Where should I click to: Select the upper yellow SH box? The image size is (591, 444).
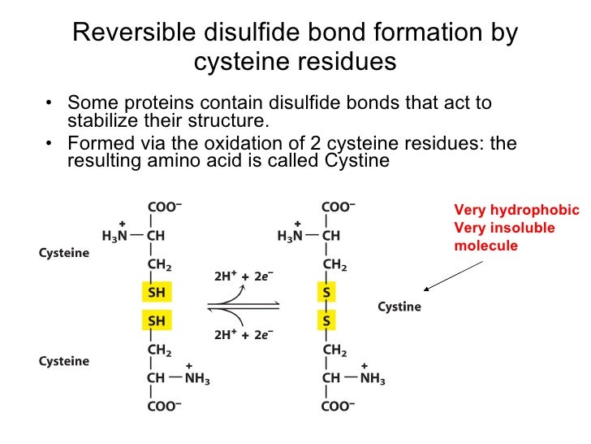[156, 291]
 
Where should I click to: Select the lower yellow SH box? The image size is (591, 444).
[156, 320]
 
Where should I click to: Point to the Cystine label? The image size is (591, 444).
[399, 307]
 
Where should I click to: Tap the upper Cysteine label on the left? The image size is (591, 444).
[64, 253]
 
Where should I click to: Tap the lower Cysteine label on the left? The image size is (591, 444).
[64, 360]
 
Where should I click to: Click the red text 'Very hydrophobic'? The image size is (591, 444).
[517, 210]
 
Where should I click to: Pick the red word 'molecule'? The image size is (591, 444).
[485, 246]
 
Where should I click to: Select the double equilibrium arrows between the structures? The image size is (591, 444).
[244, 306]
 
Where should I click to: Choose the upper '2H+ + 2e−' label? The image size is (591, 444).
[241, 276]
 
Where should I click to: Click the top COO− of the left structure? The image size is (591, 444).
[164, 207]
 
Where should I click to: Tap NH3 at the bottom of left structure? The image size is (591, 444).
[195, 379]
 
